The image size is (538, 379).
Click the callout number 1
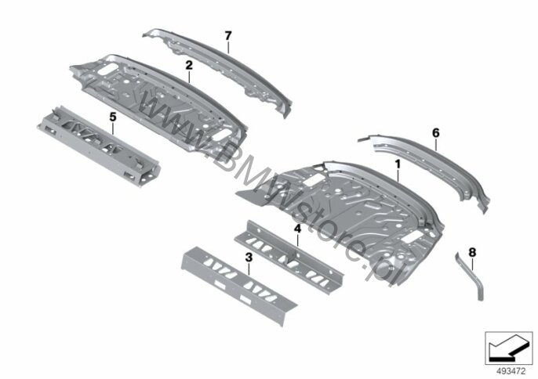point(398,164)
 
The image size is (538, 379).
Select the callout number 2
point(189,65)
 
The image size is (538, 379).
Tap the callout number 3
point(249,257)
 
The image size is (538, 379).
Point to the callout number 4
point(297,229)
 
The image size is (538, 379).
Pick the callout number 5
point(113,117)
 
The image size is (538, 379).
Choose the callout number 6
point(436,132)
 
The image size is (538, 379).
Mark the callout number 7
point(228,35)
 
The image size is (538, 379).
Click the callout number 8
point(472,253)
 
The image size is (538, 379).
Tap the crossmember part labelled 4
point(289,256)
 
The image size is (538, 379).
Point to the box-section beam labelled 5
point(100,146)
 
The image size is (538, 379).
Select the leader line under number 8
point(472,265)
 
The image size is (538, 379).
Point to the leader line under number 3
point(249,269)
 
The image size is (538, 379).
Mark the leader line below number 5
point(113,128)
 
